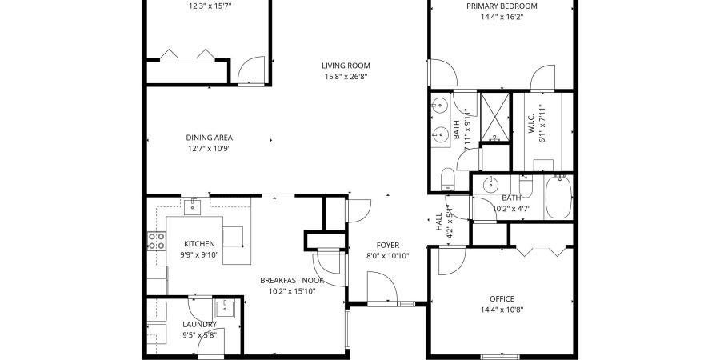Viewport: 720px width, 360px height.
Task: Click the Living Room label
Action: [x=346, y=66]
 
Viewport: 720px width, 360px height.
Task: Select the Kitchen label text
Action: [x=198, y=243]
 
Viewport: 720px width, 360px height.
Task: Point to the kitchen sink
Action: [x=192, y=208]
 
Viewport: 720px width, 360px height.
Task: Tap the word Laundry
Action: [x=198, y=324]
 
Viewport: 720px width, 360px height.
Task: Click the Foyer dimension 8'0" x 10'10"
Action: [x=387, y=256]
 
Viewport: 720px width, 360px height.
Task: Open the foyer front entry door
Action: [x=382, y=288]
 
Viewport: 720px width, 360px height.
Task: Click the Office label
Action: [x=502, y=299]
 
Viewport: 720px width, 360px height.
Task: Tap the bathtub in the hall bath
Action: [x=558, y=198]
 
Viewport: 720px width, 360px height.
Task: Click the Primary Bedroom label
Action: [x=502, y=6]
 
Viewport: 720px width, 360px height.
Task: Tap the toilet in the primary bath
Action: [x=446, y=177]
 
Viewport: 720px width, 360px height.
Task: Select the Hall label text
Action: [x=438, y=222]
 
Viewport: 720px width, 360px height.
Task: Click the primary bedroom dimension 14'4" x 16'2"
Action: [x=502, y=18]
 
